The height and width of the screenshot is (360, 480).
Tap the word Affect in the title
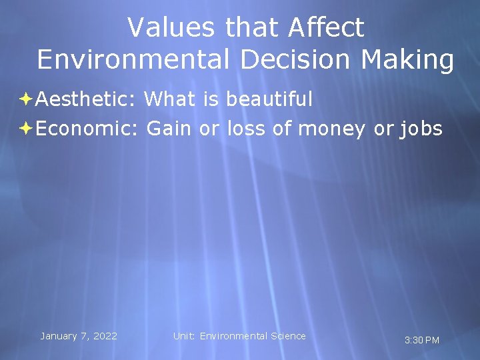coord(327,28)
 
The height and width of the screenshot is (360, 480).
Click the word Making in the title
coord(407,59)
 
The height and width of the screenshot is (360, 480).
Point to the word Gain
coord(169,128)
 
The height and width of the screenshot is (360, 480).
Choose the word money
coord(331,129)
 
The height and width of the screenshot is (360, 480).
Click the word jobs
coord(421,129)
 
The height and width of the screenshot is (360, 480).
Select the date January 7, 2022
coord(79,336)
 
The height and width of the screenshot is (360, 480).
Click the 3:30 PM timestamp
coord(422,341)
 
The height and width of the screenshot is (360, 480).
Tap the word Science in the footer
coord(287,336)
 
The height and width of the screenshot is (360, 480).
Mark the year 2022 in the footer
coord(105,336)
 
